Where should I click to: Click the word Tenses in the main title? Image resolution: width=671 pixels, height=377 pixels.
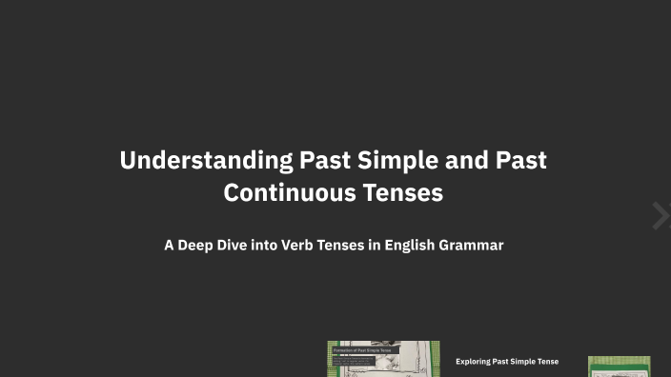404,192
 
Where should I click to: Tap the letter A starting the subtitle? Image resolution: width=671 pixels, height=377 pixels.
169,245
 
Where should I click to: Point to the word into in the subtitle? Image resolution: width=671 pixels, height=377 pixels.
270,245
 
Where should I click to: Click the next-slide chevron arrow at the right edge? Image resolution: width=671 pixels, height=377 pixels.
661,216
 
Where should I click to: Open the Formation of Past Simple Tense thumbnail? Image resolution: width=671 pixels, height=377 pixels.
383,360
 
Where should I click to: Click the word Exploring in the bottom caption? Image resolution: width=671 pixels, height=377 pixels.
474,362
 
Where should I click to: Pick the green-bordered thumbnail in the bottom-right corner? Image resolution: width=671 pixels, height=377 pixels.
619,367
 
